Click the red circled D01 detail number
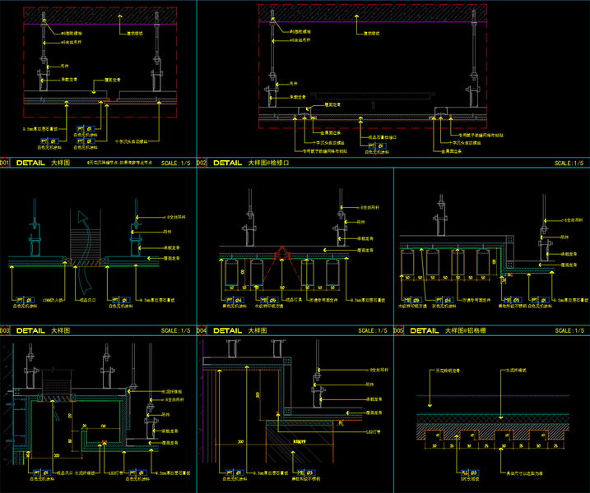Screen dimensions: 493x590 [4, 163]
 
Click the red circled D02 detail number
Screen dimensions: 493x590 [202, 163]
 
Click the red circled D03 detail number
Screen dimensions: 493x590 [4, 330]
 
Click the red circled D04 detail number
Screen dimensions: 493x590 [202, 330]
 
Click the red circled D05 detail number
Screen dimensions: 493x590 [399, 330]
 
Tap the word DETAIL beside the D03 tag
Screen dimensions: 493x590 [30, 330]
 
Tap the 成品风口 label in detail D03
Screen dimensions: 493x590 [78, 302]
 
